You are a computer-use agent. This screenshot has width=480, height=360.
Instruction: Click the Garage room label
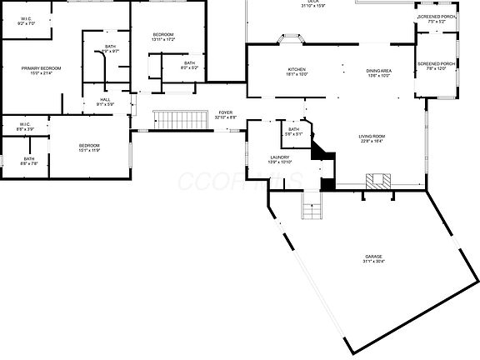374,257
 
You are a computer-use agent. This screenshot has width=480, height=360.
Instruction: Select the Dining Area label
379,71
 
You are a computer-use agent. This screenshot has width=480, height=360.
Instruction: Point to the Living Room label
371,136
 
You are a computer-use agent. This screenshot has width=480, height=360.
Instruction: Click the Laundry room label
279,157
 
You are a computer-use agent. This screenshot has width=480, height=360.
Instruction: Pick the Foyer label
225,112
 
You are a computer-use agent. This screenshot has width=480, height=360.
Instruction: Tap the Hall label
105,99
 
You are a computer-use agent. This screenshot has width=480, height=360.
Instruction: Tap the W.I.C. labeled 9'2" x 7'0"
27,21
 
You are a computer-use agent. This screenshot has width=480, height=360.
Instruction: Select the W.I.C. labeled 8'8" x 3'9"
25,127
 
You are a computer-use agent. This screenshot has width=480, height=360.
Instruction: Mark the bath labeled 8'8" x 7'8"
29,162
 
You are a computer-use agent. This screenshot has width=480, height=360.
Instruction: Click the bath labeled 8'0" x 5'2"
190,65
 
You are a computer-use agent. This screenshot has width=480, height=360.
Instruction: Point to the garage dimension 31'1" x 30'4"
374,262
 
